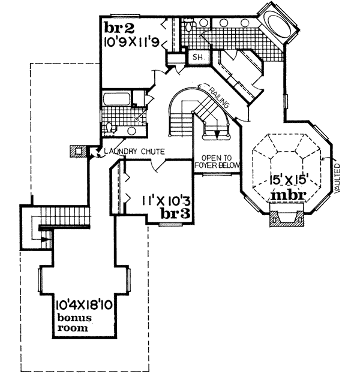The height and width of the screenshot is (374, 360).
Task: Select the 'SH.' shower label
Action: pyautogui.click(x=197, y=58)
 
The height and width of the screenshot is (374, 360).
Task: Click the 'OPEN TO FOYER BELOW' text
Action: pyautogui.click(x=217, y=162)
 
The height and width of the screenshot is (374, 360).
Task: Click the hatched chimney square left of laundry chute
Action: pyautogui.click(x=75, y=150)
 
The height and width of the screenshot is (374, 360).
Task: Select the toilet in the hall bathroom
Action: pyautogui.click(x=110, y=127)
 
